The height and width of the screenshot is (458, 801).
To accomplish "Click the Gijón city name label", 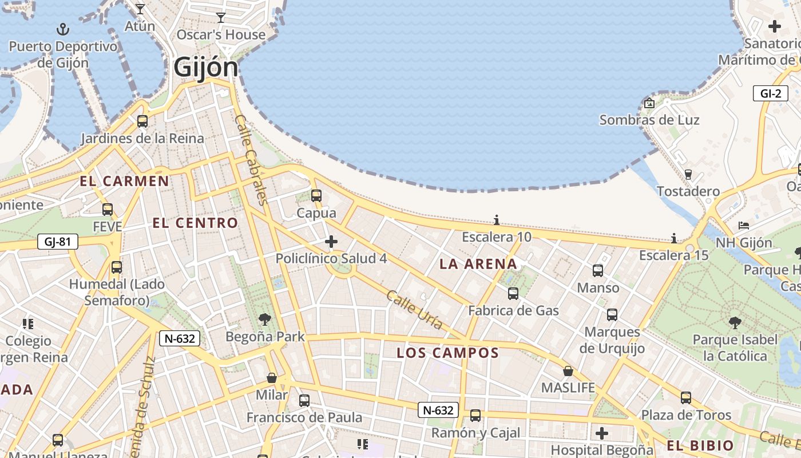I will pyautogui.click(x=206, y=67).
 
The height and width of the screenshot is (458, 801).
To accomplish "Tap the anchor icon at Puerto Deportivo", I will pyautogui.click(x=63, y=29).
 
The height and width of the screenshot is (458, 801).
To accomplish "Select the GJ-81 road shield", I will pyautogui.click(x=57, y=242).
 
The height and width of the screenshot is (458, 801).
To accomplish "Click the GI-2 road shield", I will pyautogui.click(x=770, y=93).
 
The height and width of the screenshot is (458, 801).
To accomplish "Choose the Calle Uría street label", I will pyautogui.click(x=415, y=310).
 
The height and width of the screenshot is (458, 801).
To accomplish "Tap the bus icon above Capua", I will pyautogui.click(x=316, y=196).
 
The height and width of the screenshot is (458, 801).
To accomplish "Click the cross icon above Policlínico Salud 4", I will pyautogui.click(x=331, y=241).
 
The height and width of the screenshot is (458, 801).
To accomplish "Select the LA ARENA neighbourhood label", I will pyautogui.click(x=478, y=264).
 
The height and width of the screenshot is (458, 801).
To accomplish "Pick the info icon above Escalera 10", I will pyautogui.click(x=496, y=220).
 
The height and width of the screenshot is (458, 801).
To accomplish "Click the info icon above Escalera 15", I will pyautogui.click(x=674, y=238).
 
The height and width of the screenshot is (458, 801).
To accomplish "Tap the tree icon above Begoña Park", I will pyautogui.click(x=264, y=319).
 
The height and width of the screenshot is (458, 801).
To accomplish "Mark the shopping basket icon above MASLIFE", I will pyautogui.click(x=568, y=371).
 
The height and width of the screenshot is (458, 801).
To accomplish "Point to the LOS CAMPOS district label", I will pyautogui.click(x=448, y=353).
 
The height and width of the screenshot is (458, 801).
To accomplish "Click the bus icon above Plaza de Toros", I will pyautogui.click(x=685, y=397).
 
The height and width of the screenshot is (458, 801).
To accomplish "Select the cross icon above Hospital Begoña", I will pyautogui.click(x=601, y=433).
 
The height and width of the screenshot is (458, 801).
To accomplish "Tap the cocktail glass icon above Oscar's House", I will pyautogui.click(x=221, y=18).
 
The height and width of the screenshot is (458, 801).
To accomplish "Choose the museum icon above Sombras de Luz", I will pyautogui.click(x=649, y=104).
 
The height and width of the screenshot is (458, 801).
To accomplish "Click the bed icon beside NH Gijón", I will pyautogui.click(x=743, y=226).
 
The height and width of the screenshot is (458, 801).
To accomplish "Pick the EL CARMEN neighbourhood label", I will pyautogui.click(x=124, y=181).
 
